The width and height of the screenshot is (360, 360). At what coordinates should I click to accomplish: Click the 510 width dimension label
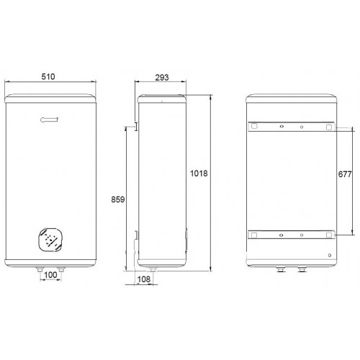48,76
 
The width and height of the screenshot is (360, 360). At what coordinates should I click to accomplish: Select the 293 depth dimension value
162,78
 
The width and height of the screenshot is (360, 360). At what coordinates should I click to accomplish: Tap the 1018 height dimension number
199,174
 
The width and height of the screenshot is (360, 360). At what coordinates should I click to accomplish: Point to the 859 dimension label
118,199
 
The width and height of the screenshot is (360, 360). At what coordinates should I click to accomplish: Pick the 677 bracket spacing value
345,174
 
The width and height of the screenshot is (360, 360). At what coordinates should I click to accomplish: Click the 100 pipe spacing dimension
50,275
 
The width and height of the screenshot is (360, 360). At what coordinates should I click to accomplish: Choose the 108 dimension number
144,279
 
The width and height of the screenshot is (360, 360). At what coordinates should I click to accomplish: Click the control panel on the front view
50,239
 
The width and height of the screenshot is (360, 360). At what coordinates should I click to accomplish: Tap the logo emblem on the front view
50,120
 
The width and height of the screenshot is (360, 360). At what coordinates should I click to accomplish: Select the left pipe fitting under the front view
40,269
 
